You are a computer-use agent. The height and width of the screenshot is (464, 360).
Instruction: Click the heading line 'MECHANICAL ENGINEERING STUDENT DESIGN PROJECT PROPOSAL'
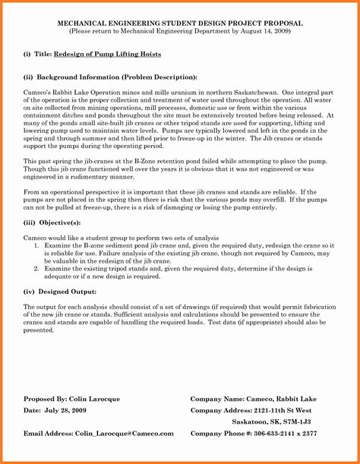point(179,24)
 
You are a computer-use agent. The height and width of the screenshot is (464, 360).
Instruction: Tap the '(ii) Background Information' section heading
point(109,77)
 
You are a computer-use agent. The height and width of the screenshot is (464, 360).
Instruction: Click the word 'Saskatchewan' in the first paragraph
point(241,90)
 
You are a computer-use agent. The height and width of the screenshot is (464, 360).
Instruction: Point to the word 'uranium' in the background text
point(185,90)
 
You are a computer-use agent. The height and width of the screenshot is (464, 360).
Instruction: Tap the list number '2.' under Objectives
point(37,269)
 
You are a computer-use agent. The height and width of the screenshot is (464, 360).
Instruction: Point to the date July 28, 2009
point(67,410)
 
